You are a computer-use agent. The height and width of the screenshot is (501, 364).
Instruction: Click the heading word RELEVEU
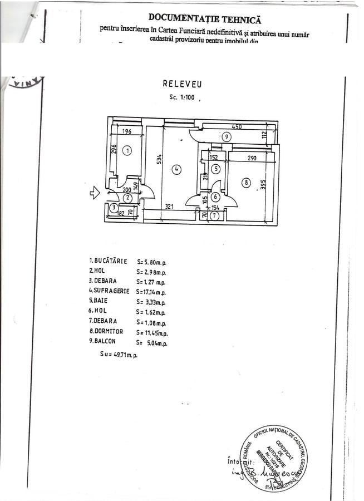182,84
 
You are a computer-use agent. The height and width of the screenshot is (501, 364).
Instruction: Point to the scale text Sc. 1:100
182,97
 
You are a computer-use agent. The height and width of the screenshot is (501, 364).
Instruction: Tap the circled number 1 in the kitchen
127,150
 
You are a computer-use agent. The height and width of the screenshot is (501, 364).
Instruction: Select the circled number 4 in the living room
176,170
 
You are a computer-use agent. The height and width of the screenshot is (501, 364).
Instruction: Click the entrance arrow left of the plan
94,193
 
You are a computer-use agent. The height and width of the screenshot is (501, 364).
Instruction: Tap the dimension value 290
252,159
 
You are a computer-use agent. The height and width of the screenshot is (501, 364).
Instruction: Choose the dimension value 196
126,132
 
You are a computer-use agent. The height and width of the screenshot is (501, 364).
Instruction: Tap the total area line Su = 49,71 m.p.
114,354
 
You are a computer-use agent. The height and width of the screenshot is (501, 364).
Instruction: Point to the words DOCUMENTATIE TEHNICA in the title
204,19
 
